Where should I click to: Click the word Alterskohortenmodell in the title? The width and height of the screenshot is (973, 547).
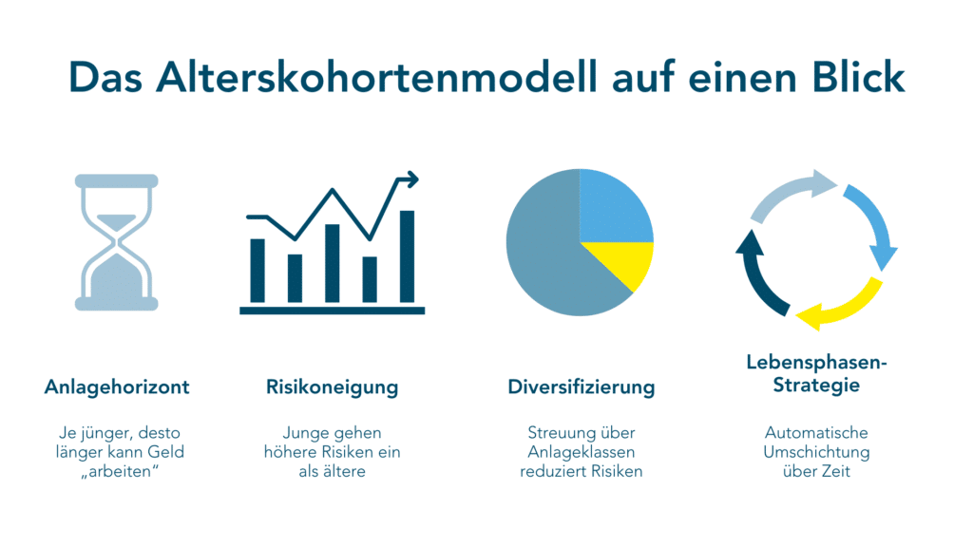(376, 77)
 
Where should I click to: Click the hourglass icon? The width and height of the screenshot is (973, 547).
(117, 242)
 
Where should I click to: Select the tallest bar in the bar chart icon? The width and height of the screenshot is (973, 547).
(407, 256)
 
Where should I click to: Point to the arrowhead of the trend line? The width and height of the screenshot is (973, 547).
(410, 179)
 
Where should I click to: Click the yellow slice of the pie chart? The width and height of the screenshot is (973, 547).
(621, 262)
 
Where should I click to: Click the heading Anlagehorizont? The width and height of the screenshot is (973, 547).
(117, 387)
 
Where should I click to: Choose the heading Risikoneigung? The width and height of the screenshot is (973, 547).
(332, 387)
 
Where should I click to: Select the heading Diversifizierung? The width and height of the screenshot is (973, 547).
(582, 387)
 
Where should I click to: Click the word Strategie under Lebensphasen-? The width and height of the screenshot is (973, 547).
(816, 386)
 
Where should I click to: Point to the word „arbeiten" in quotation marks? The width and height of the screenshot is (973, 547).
(120, 471)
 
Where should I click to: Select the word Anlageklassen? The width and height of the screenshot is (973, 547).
(582, 451)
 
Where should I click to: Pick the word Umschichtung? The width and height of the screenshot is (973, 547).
(816, 451)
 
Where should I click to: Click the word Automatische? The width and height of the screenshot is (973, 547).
(816, 432)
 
